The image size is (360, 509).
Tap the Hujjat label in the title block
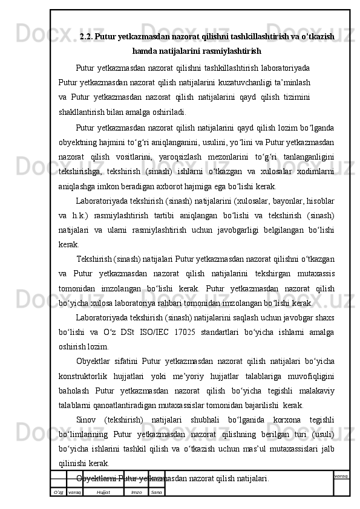(x=103, y=493)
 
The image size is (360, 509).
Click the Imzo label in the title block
(x=137, y=493)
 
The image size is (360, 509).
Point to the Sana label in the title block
(x=156, y=493)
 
